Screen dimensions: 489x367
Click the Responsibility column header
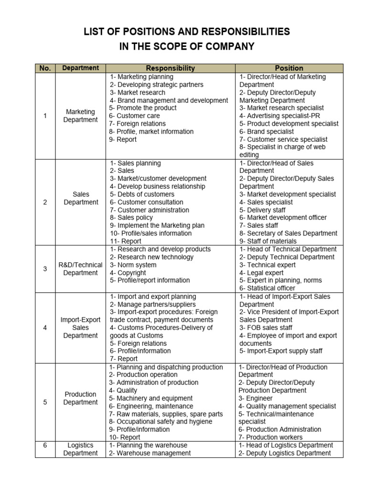pos(170,68)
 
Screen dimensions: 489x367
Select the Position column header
pos(289,68)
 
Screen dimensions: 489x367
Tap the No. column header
pos(45,68)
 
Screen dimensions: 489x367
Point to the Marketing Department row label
pos(80,116)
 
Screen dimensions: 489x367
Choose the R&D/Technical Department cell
pos(80,269)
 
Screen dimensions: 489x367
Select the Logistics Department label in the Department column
pos(80,449)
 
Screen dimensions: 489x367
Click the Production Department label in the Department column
pos(80,398)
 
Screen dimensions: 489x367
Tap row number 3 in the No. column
pos(45,269)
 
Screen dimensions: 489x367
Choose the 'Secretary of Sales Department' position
pos(288,234)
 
